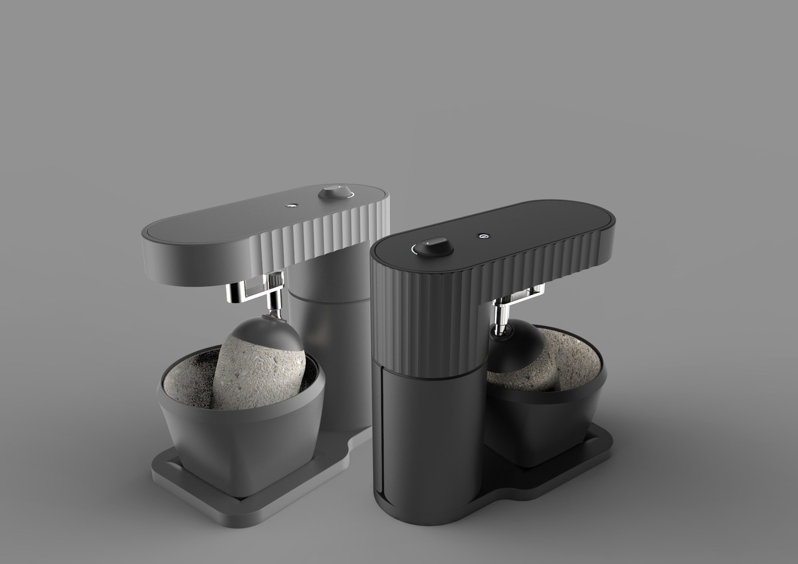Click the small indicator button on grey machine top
pyautogui.click(x=292, y=205)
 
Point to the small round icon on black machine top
pyautogui.click(x=483, y=236)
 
